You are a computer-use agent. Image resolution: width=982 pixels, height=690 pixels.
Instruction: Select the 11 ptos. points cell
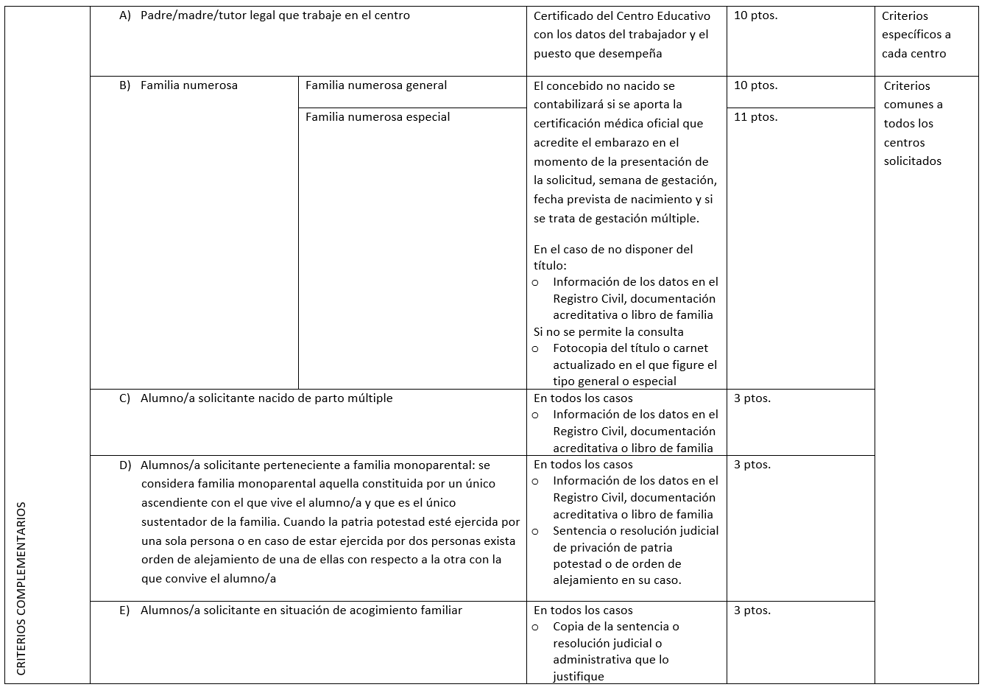755,117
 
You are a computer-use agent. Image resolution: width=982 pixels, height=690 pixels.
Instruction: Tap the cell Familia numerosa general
376,85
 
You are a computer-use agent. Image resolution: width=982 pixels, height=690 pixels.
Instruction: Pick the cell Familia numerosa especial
378,117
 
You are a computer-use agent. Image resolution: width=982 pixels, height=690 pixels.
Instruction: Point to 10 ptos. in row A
755,15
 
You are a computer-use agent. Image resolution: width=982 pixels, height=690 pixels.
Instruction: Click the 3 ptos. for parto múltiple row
752,398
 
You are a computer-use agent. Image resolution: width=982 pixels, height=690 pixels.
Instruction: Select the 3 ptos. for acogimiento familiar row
752,610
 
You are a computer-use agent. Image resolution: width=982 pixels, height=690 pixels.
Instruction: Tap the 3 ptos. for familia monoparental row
752,465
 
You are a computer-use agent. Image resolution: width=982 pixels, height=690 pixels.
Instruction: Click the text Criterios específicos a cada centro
916,35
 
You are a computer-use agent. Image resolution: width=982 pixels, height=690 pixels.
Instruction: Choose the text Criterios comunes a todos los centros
913,124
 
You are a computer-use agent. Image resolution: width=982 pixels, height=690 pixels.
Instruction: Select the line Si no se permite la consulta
608,332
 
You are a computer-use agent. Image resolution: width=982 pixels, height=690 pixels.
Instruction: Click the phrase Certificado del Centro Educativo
621,15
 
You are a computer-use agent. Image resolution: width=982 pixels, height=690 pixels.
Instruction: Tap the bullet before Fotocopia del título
535,348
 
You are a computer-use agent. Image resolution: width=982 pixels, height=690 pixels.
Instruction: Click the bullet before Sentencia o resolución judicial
535,531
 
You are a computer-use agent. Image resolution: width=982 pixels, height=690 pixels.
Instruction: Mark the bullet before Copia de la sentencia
535,627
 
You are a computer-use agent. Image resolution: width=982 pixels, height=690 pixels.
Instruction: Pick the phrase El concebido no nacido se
604,86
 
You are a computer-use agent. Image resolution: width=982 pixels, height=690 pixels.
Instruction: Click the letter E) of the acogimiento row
124,610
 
